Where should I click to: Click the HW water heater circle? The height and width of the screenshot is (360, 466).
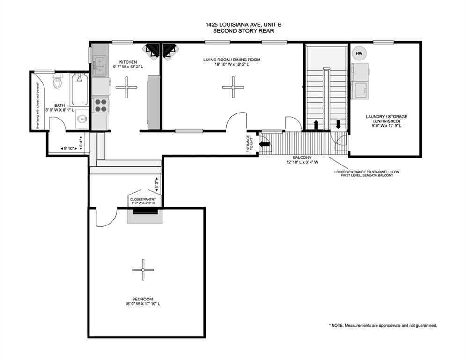(359, 54)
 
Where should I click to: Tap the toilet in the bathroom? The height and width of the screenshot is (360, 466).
(57, 81)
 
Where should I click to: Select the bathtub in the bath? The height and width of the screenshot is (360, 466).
(80, 90)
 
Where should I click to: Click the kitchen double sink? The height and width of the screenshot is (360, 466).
(99, 66)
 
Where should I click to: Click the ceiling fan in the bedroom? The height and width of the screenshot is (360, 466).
(143, 270)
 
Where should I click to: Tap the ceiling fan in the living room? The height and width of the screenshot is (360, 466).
(233, 87)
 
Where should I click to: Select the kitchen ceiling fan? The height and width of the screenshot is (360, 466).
(126, 87)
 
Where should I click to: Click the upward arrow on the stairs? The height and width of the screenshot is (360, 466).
(316, 125)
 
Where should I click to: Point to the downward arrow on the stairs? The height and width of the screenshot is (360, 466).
(338, 124)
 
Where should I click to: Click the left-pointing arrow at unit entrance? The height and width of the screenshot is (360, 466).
(265, 144)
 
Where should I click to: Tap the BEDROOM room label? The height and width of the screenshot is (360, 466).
(143, 299)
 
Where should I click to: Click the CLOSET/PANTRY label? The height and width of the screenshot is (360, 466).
(143, 199)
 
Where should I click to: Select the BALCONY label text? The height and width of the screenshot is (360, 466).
(302, 157)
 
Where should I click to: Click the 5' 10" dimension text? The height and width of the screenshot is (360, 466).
(69, 148)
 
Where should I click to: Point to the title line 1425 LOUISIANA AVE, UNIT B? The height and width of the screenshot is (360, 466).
(244, 25)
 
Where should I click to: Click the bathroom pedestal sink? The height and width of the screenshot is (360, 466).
(82, 119)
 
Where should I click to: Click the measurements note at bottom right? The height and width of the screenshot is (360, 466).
(383, 325)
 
